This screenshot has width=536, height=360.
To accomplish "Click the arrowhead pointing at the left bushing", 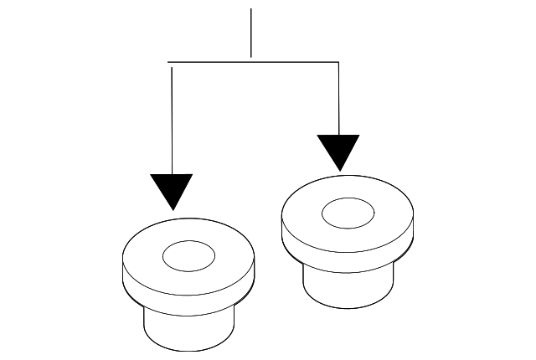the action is pyautogui.click(x=172, y=191).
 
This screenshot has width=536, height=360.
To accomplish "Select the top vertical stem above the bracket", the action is pyautogui.click(x=251, y=33).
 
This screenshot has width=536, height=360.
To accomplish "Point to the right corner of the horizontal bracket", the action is pyautogui.click(x=338, y=62).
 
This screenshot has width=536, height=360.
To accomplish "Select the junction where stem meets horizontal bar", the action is pyautogui.click(x=251, y=61).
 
